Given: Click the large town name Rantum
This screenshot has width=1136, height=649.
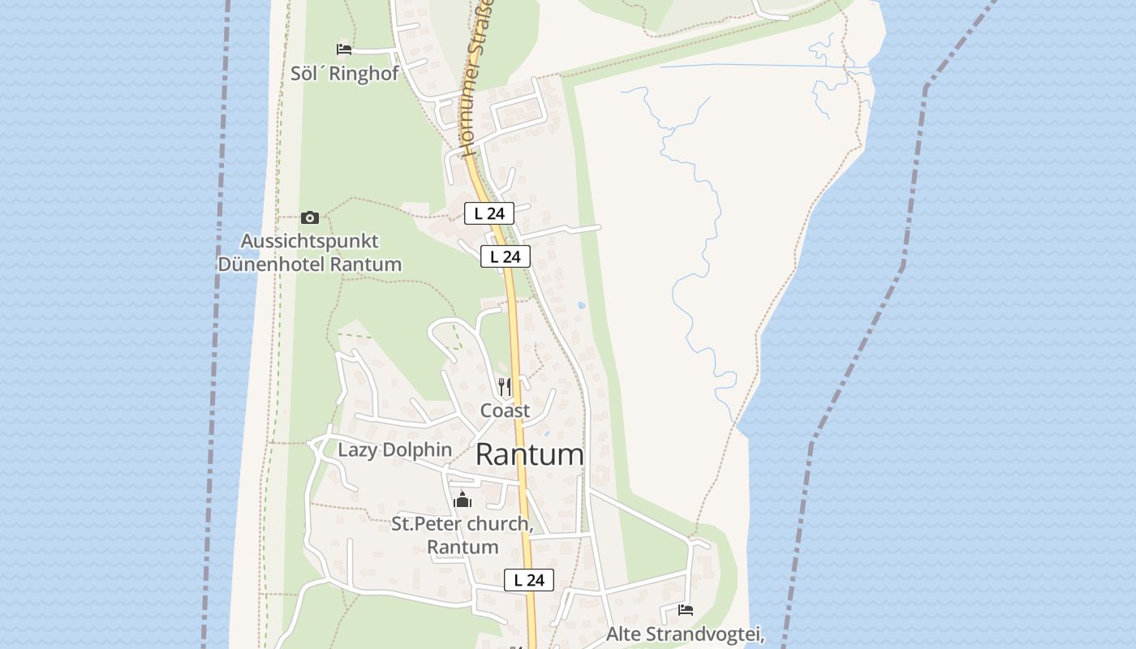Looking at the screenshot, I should [x=529, y=454].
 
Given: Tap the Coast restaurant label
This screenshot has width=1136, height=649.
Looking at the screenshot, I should [x=505, y=410].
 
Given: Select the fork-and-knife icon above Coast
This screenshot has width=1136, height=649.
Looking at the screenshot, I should [x=505, y=387].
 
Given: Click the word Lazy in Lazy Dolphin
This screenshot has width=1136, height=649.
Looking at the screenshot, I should [x=357, y=449].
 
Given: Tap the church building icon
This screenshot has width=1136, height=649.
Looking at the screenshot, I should [x=463, y=500].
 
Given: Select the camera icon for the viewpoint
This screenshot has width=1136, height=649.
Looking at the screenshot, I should [x=309, y=217].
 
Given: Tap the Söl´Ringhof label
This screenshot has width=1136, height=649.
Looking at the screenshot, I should [x=345, y=73].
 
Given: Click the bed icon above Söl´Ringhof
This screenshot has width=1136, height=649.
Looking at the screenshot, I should [x=344, y=49].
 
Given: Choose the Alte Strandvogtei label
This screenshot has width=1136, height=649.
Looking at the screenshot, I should [x=685, y=634].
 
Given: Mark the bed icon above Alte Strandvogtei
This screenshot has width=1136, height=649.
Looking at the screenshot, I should [x=686, y=609].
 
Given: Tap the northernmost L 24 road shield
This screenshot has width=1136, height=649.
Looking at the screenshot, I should [x=489, y=213].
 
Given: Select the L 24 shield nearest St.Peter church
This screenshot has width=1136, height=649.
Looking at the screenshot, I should [x=529, y=580].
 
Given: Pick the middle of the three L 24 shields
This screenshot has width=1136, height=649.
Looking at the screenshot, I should [x=506, y=256].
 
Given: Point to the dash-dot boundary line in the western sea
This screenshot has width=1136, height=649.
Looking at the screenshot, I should [x=215, y=324].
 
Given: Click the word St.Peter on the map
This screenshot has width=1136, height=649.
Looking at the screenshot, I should [x=421, y=524].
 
